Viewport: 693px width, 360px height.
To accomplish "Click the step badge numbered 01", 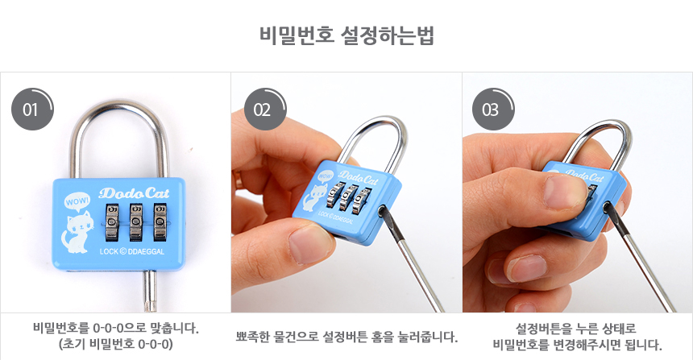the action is click(x=31, y=110).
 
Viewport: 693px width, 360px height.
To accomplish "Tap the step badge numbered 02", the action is click(x=264, y=110).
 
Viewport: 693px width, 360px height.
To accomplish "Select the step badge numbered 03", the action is click(x=493, y=110).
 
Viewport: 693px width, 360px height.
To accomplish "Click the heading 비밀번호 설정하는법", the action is click(x=346, y=35).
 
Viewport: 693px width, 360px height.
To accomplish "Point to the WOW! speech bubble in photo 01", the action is click(x=77, y=201).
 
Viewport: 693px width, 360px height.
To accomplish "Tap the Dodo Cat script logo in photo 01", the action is click(x=134, y=193).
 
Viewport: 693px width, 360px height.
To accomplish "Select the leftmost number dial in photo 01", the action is click(x=112, y=221).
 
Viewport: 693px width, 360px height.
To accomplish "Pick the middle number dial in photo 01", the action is click(x=136, y=221).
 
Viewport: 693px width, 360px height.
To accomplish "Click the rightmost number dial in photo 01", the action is click(x=160, y=221).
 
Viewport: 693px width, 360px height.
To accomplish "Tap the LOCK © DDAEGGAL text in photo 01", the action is click(x=131, y=251).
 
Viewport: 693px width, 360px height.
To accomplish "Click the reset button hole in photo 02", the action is click(x=381, y=211).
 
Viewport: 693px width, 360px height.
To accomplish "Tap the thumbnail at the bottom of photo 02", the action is click(x=309, y=244).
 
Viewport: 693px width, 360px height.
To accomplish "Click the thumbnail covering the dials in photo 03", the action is click(x=566, y=191).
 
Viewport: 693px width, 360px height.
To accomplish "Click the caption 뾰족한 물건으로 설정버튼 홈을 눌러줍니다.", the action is click(x=346, y=337).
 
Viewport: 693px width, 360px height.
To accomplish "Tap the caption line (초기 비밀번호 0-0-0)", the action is click(x=116, y=344).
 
